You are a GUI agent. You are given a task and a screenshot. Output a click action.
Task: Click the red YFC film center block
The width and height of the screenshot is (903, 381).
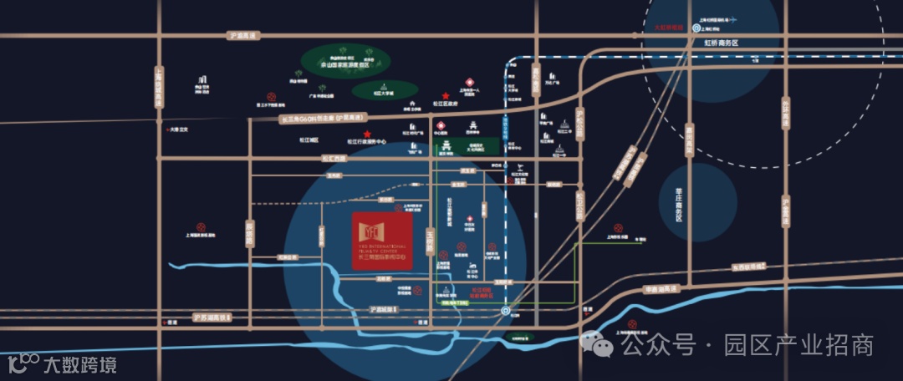pos(381,239)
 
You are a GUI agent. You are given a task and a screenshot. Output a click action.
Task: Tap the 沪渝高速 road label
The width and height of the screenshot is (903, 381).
pos(244,35)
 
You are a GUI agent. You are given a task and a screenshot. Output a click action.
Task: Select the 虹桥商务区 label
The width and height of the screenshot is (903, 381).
pos(722,41)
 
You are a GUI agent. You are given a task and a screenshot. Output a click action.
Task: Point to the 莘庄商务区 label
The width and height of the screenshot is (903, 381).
pos(679,204)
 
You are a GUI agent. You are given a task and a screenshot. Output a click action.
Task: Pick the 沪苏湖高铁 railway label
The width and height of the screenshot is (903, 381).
pos(209,318)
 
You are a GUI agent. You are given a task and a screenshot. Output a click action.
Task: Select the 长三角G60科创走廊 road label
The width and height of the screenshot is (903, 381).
pos(322,119)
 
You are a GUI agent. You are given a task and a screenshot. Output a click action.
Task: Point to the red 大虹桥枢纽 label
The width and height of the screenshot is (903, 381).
pos(669,28)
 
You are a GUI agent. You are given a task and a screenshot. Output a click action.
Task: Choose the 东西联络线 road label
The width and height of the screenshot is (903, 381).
pos(748,267)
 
